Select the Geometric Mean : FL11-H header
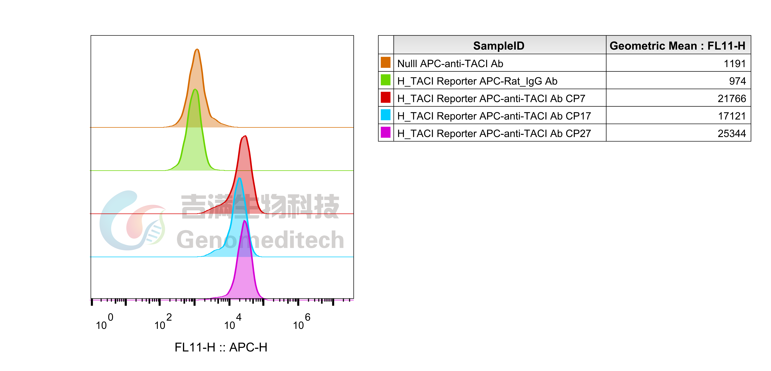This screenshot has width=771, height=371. pyautogui.click(x=677, y=46)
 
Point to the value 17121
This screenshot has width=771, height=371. pyautogui.click(x=732, y=116)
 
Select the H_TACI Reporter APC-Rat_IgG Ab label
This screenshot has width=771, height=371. pyautogui.click(x=477, y=81)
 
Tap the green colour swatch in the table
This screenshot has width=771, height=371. pyautogui.click(x=385, y=80)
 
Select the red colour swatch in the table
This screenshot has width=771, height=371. pyautogui.click(x=385, y=97)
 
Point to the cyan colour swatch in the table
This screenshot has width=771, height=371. pyautogui.click(x=385, y=115)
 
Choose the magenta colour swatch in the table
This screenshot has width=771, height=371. pyautogui.click(x=385, y=132)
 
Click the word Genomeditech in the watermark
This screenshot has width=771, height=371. pyautogui.click(x=260, y=240)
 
